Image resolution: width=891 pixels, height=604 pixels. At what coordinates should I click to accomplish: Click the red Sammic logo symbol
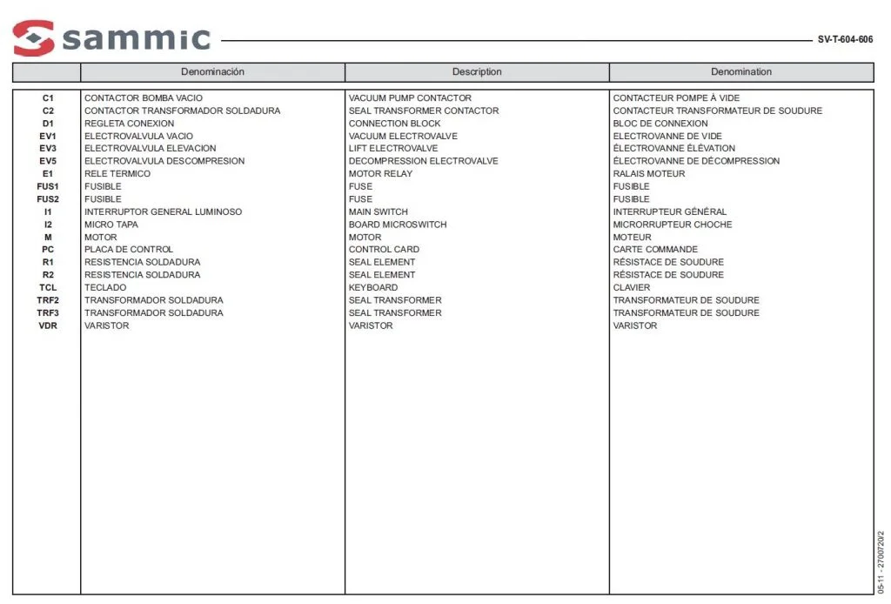click(34, 38)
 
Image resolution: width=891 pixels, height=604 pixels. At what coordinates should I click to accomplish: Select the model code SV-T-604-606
click(845, 39)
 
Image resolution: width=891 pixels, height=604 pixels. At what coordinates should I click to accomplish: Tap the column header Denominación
click(212, 71)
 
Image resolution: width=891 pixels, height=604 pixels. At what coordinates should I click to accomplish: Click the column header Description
click(477, 71)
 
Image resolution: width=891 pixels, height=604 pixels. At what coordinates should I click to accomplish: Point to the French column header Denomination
click(740, 71)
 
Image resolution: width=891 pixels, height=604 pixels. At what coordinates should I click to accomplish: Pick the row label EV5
click(48, 161)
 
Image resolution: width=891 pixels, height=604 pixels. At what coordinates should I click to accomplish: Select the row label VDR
click(48, 325)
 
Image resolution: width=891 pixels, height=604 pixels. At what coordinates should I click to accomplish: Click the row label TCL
click(48, 287)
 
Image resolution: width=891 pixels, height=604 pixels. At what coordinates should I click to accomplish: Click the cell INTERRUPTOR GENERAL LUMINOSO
click(163, 211)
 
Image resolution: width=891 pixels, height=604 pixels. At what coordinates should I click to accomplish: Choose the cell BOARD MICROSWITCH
click(398, 225)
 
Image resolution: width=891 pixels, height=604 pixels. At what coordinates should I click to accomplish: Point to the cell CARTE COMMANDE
click(655, 250)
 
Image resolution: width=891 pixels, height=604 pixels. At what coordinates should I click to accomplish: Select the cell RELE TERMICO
click(117, 174)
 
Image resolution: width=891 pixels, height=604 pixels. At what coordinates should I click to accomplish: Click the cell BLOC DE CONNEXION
click(660, 124)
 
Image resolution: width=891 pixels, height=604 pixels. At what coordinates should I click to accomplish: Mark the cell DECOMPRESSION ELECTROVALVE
click(423, 161)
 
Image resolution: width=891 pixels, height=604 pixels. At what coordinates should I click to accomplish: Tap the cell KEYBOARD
click(373, 287)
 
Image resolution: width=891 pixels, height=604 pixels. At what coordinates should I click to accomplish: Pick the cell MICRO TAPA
click(111, 225)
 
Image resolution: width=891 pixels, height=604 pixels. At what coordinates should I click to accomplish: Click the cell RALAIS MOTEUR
click(649, 174)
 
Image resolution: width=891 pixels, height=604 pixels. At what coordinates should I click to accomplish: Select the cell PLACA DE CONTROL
click(129, 250)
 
